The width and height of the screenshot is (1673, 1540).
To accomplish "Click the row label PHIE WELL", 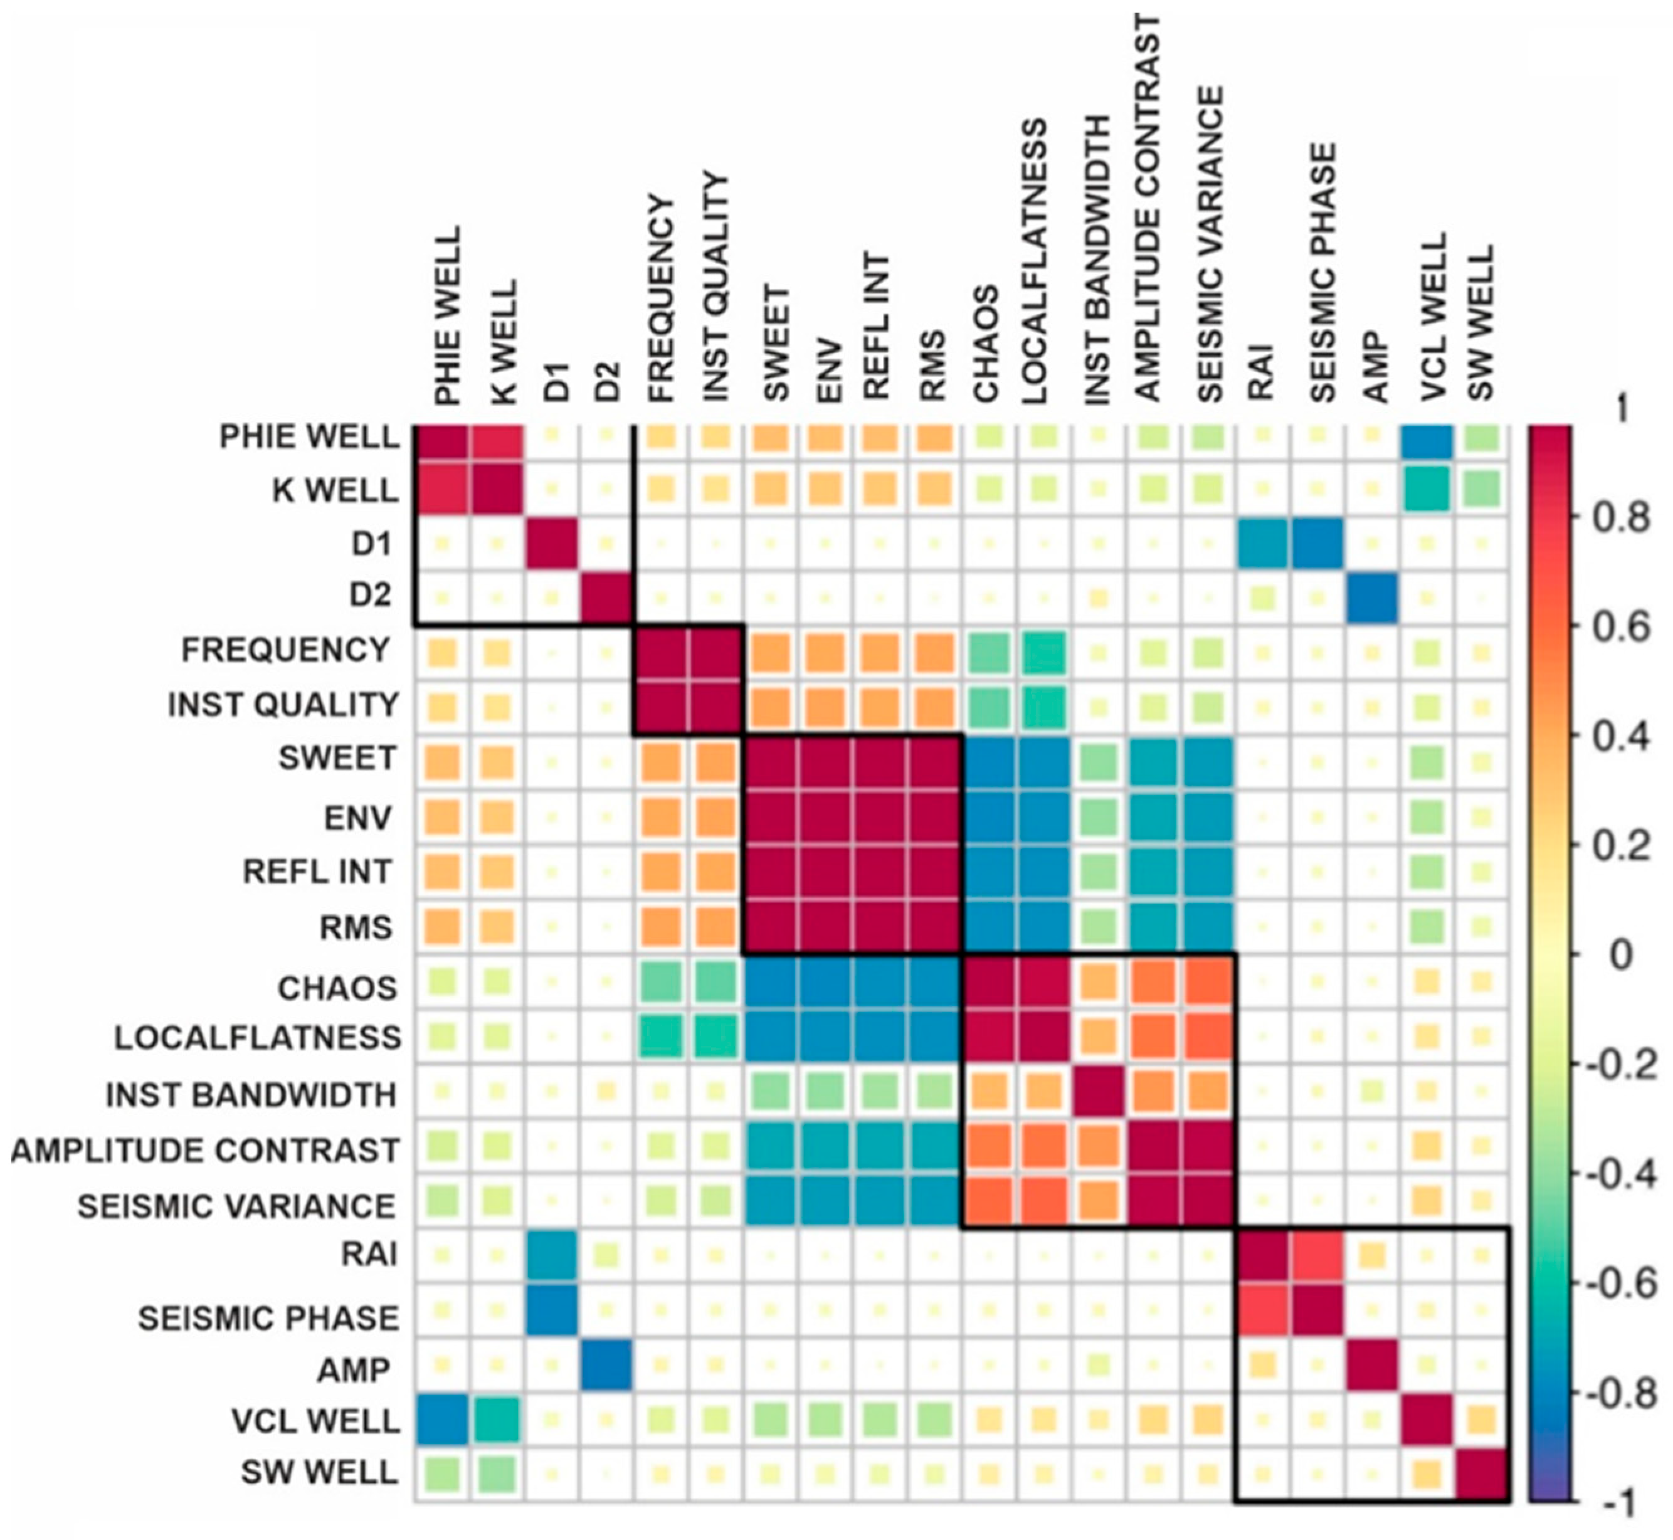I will point(309,436).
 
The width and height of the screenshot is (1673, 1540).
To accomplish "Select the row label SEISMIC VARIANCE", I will point(236,1206).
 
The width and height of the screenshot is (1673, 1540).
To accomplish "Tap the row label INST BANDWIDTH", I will point(251,1095).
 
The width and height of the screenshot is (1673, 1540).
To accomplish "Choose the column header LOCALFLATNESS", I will point(1034,263).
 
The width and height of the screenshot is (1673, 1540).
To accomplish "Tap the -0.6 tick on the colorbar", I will point(1620,1284).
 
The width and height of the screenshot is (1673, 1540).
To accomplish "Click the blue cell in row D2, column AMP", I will point(1372,597).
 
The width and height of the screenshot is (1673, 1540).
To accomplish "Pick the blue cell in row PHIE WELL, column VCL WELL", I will point(1427,436).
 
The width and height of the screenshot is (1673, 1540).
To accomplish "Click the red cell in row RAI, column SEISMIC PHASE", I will point(1317,1254).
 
